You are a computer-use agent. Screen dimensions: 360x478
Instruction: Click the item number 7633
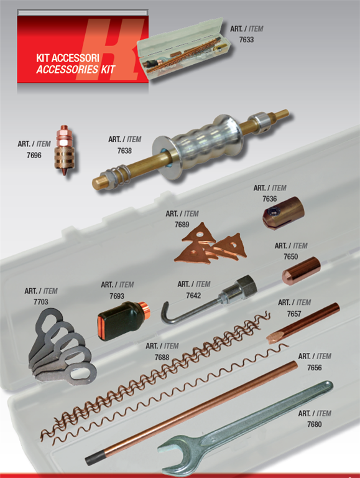246,40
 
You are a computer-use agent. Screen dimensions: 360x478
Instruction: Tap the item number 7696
34,155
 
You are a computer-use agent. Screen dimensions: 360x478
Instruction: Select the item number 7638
124,151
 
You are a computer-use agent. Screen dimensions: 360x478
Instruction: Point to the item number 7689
182,225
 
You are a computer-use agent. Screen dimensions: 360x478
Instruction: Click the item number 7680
315,424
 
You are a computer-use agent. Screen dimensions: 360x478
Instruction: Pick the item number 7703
41,302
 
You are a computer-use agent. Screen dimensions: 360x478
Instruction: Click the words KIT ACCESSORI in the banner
68,59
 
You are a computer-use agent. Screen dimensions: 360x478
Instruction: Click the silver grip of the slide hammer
198,143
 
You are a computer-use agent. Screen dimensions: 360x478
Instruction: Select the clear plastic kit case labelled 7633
183,49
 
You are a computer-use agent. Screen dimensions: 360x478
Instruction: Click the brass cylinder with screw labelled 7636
284,213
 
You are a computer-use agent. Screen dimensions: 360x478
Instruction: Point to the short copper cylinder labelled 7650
301,271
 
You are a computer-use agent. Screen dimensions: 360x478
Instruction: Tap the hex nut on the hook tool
246,286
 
